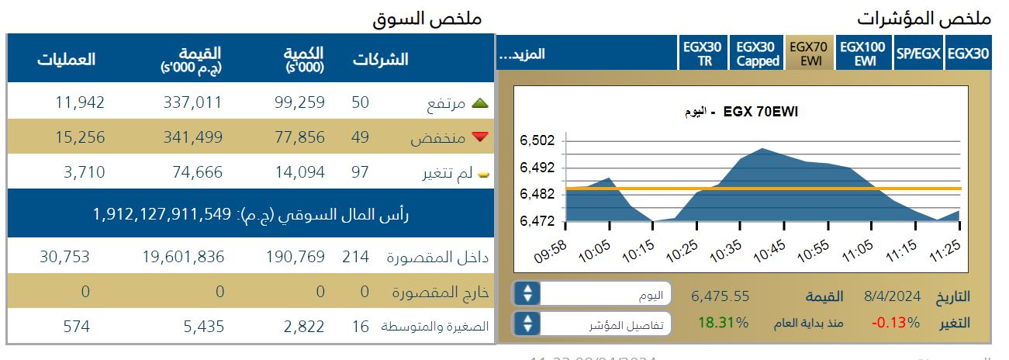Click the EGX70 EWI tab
(809, 54)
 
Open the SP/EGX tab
(918, 54)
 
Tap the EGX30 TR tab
(703, 54)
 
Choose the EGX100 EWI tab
(863, 54)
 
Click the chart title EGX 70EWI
(760, 112)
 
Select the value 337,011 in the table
(192, 102)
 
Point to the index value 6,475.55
(720, 296)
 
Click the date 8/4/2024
(893, 296)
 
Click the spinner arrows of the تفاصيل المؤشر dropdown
(527, 322)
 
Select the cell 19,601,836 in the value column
(183, 257)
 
